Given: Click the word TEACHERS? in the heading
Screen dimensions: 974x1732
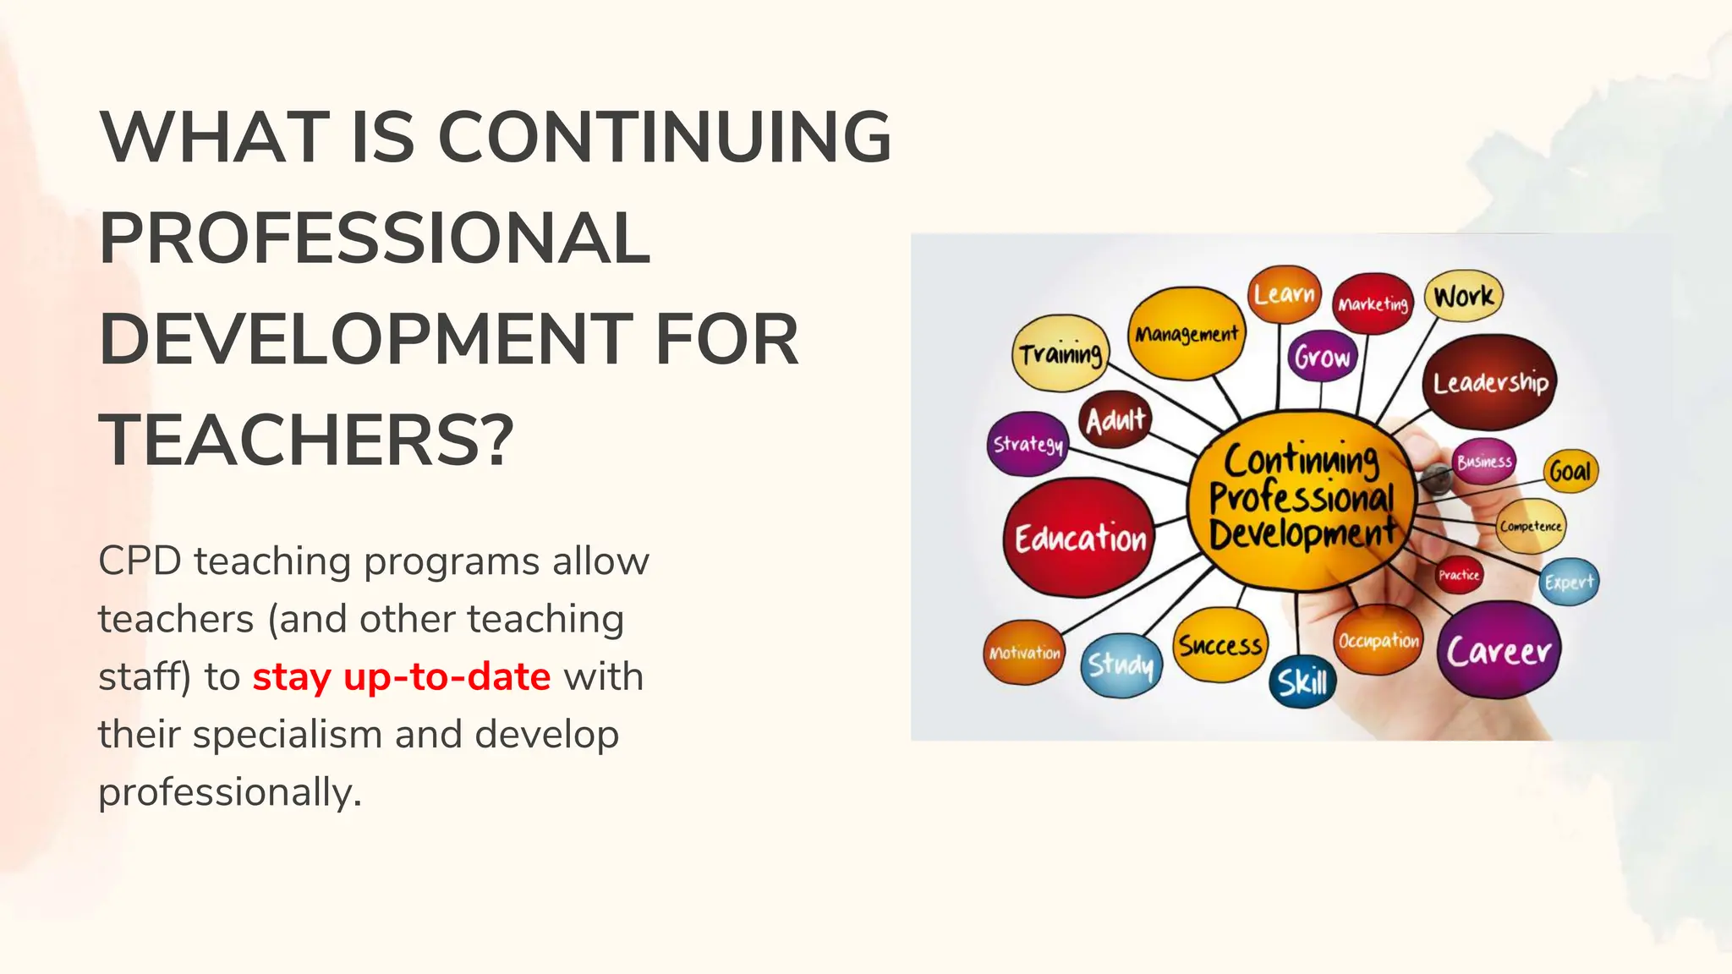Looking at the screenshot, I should [306, 440].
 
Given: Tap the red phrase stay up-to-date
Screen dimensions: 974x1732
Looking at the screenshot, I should [402, 677].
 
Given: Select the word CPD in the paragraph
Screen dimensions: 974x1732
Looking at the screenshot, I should [140, 561].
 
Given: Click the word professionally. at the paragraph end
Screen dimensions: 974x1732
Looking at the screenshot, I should [230, 792].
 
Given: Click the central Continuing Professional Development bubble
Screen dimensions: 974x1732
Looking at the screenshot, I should [1302, 499].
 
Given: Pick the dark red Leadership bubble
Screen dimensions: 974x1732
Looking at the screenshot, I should [1490, 383].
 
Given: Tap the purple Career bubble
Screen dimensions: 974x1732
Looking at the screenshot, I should [1499, 650].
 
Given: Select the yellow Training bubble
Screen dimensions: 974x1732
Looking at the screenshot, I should [1061, 353].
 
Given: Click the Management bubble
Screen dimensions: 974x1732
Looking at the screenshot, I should [1187, 333].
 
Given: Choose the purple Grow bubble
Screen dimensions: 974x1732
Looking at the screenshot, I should [1323, 357].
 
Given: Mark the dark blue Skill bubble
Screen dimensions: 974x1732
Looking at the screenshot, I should [1302, 681].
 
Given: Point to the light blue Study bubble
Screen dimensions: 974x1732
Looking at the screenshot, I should [1121, 665].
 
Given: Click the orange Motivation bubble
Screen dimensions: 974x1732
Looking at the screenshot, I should [1025, 653].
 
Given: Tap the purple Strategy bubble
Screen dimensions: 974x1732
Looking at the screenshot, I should [1028, 444].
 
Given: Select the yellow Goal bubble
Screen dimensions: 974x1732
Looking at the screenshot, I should [1570, 471].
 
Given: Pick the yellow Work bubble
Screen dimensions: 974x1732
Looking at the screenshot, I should [1464, 296].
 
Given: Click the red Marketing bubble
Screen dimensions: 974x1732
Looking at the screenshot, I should [1373, 304].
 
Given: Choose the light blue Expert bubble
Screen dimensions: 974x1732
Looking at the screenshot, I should [1569, 582].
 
